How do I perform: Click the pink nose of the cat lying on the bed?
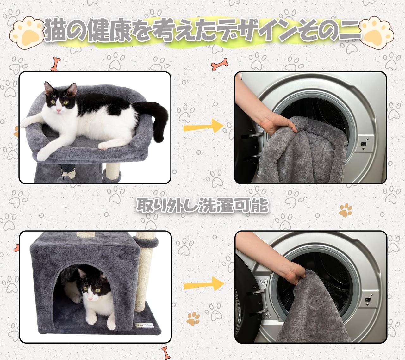59,110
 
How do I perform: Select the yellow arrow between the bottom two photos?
204,283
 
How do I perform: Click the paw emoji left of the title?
27,33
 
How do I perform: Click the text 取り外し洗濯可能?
202,205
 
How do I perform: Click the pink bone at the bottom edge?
165,353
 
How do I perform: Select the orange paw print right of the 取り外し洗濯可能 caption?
346,210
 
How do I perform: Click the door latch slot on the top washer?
364,144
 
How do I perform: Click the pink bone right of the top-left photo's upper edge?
220,64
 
